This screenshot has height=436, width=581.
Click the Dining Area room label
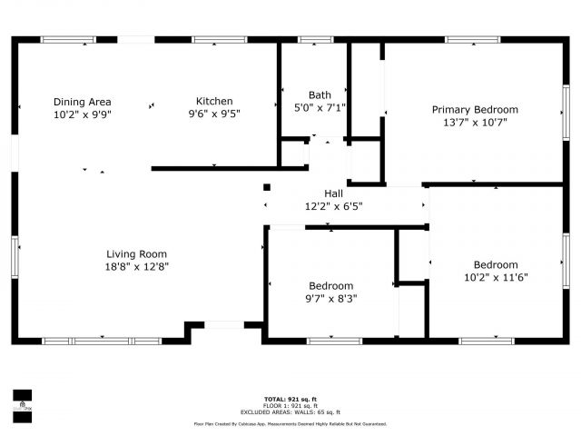[x=82, y=102]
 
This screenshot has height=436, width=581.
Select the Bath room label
[x=320, y=94]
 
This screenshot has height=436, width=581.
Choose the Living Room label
[x=136, y=254]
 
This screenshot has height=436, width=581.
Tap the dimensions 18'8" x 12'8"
[x=136, y=266]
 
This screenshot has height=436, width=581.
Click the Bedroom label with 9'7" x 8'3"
[x=330, y=286]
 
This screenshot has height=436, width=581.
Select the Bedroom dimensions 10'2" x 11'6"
[x=496, y=277]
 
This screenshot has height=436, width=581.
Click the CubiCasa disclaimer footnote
[x=290, y=423]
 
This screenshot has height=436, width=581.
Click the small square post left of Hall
[x=266, y=188]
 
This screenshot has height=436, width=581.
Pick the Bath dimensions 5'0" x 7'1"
[x=320, y=107]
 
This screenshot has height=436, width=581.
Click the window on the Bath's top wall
[x=314, y=40]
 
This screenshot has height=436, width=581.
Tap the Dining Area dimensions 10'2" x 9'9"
[x=82, y=114]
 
